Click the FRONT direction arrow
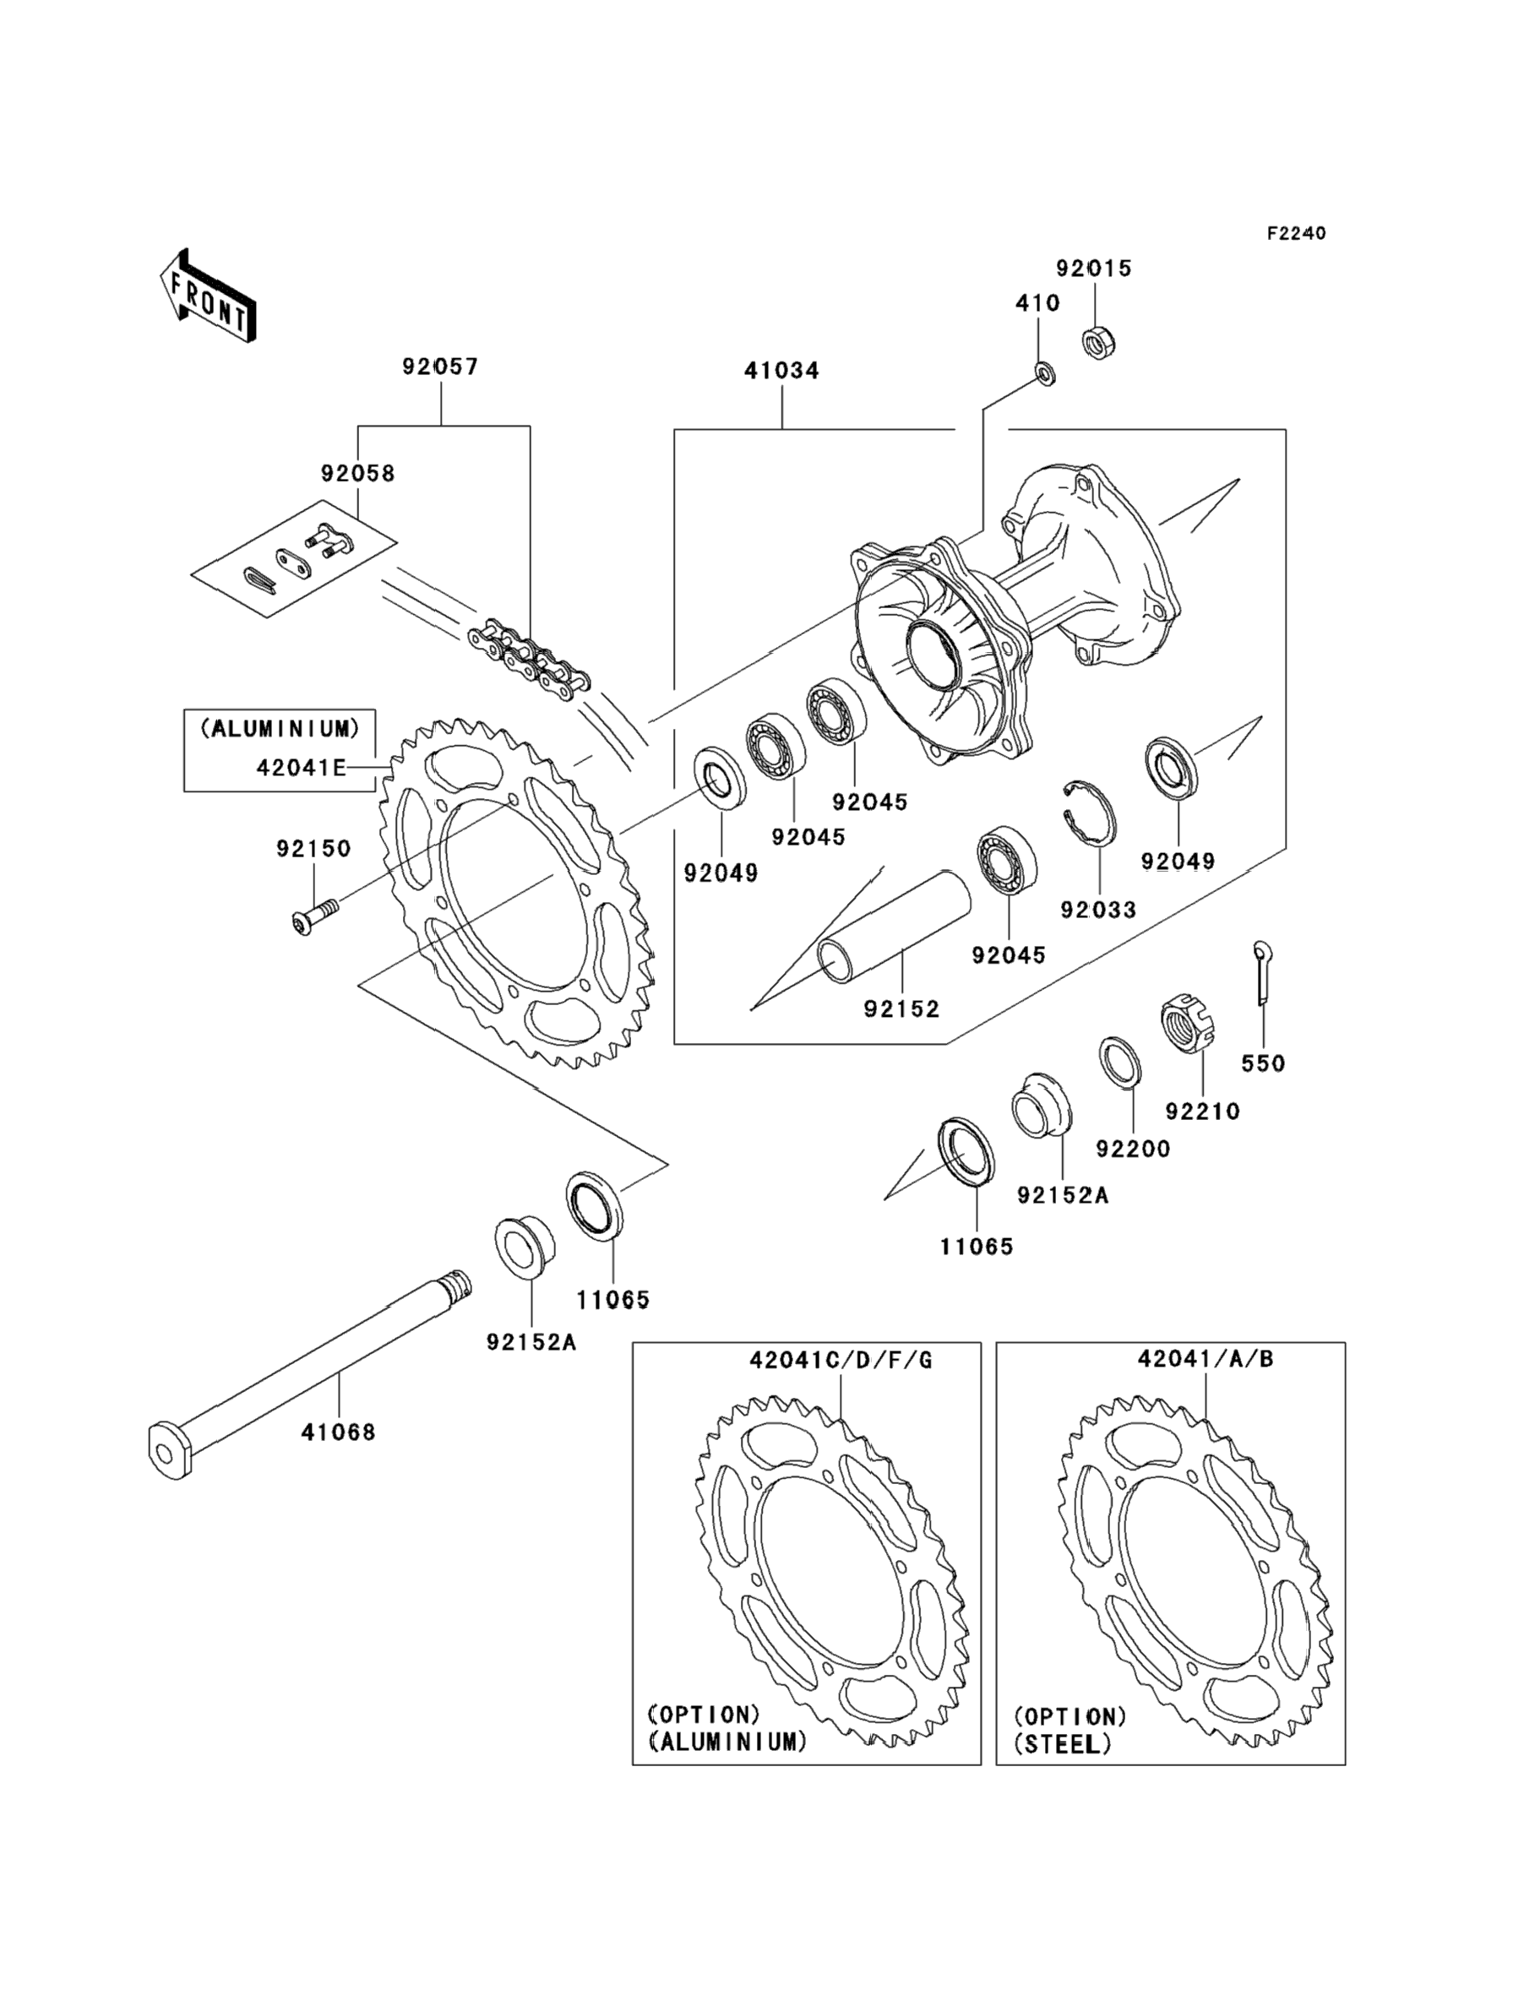tap(208, 296)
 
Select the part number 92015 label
tap(1094, 269)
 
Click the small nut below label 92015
tap(1098, 343)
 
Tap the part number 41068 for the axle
tap(339, 1432)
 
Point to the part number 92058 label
tap(357, 473)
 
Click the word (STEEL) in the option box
tap(1062, 1744)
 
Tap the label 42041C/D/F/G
tap(840, 1360)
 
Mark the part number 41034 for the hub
tap(782, 371)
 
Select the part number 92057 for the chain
tap(441, 367)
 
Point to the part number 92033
tap(1098, 910)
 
